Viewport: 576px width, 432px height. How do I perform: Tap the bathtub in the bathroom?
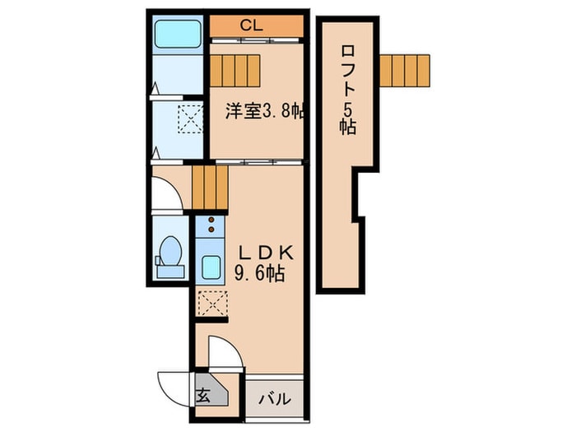coord(177,35)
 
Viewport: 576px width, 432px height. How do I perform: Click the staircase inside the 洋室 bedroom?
coord(235,68)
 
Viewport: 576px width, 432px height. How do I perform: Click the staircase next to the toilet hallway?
coord(209,186)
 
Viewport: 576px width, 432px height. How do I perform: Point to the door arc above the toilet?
coord(165,193)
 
